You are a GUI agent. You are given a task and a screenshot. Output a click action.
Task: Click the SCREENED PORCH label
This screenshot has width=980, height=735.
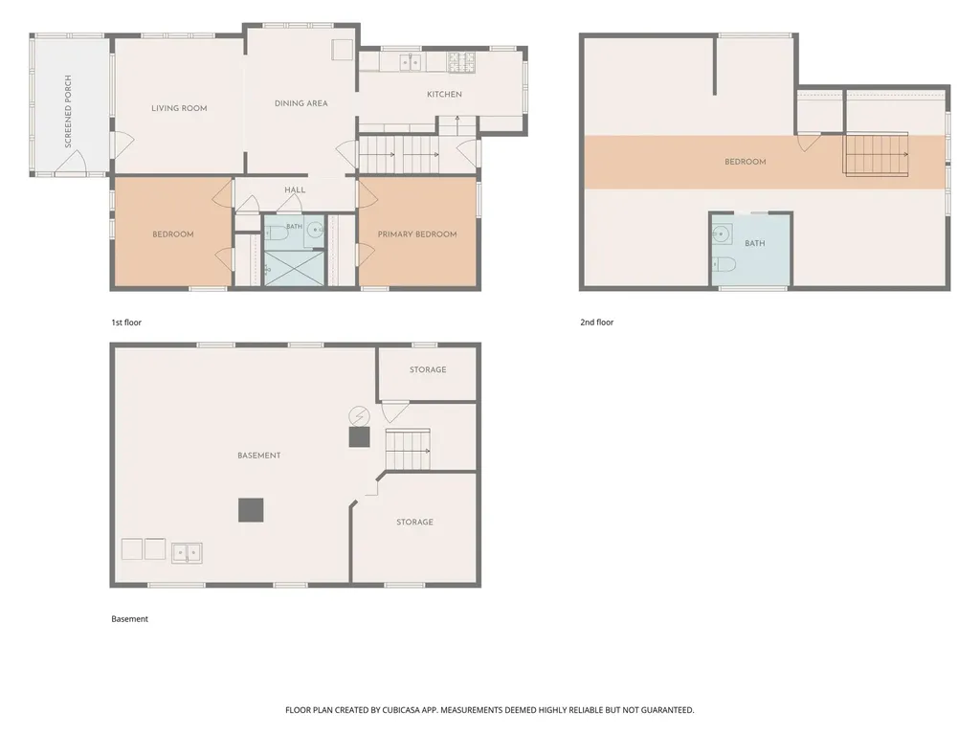pos(68,111)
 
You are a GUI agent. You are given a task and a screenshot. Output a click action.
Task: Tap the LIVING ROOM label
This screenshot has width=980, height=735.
pos(179,108)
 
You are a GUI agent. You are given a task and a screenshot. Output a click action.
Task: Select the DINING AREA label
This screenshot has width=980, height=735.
pos(301,103)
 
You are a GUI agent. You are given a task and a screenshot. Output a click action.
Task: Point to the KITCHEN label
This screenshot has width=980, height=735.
pos(444,95)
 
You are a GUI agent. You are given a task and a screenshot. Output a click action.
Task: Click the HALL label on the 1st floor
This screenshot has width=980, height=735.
pos(295,190)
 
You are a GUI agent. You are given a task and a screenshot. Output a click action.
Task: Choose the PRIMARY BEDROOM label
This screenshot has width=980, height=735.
pos(417,234)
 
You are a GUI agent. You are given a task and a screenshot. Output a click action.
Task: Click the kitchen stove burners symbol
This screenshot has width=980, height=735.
pos(460,62)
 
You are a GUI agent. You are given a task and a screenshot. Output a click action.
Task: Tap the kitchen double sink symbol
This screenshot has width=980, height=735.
pos(410,62)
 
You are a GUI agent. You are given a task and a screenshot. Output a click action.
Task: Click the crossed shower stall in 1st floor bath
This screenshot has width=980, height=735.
pos(295,268)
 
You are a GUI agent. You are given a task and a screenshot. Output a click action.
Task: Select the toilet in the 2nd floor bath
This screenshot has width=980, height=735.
pos(724,264)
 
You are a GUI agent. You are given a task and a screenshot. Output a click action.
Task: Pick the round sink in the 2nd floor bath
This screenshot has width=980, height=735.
pos(722,234)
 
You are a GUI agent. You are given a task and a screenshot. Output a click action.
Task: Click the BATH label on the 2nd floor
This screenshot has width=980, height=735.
pos(755,243)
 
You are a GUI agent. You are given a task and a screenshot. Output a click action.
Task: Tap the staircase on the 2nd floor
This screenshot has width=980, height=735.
pos(877,154)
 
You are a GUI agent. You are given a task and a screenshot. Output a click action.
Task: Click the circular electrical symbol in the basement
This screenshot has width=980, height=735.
pos(360,415)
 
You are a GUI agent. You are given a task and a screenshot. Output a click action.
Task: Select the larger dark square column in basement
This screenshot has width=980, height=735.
pos(251,510)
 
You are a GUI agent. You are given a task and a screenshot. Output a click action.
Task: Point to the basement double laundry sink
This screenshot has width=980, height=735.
pos(187,552)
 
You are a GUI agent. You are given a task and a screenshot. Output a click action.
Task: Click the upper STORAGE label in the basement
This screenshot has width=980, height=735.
pos(428,370)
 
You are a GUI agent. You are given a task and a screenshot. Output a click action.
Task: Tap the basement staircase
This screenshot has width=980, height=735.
pos(408,450)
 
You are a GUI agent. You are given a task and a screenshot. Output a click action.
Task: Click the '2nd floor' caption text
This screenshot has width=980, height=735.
pos(597,323)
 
